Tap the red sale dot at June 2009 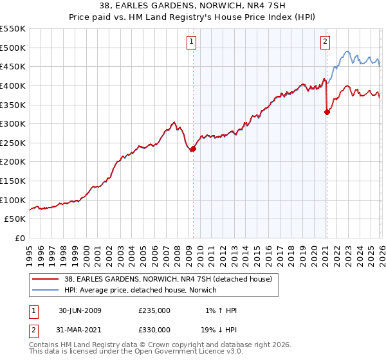click(x=193, y=148)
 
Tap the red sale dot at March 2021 click(x=327, y=112)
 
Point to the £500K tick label click(x=13, y=48)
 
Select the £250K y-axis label click(x=13, y=143)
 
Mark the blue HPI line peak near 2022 click(x=347, y=51)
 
